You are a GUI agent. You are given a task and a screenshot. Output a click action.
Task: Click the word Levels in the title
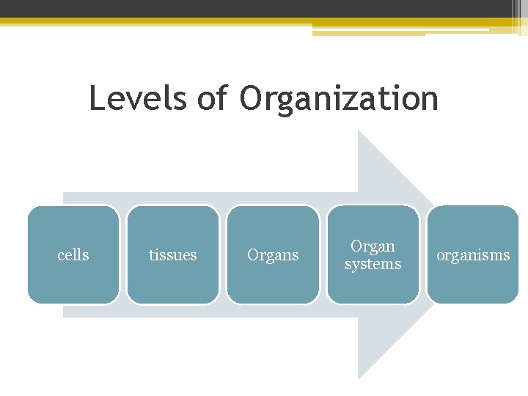pos(137,98)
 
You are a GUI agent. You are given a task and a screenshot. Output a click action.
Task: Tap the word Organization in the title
pos(339,99)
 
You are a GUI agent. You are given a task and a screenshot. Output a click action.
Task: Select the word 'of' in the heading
pos(213,98)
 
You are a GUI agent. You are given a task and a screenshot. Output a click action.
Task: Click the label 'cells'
pos(73,255)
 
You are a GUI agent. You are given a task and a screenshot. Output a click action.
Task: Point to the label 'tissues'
pos(173,255)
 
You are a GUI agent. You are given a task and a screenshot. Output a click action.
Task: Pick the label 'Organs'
pos(273,255)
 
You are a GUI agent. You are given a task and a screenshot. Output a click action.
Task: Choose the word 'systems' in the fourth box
pos(373,264)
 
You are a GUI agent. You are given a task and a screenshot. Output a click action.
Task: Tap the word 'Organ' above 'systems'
pos(373,246)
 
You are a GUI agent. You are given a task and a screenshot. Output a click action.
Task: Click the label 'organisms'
pos(473,255)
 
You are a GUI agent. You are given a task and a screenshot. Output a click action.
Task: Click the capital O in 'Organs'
pos(254,255)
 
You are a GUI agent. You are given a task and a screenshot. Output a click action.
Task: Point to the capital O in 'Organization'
pos(251,98)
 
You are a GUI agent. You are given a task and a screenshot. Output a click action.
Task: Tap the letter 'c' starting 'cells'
pos(61,256)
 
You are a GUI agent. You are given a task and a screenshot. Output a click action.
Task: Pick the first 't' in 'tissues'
pos(152,255)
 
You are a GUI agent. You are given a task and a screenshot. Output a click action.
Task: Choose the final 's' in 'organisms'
pos(506,256)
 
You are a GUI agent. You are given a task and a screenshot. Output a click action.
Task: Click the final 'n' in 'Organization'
pos(429,101)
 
